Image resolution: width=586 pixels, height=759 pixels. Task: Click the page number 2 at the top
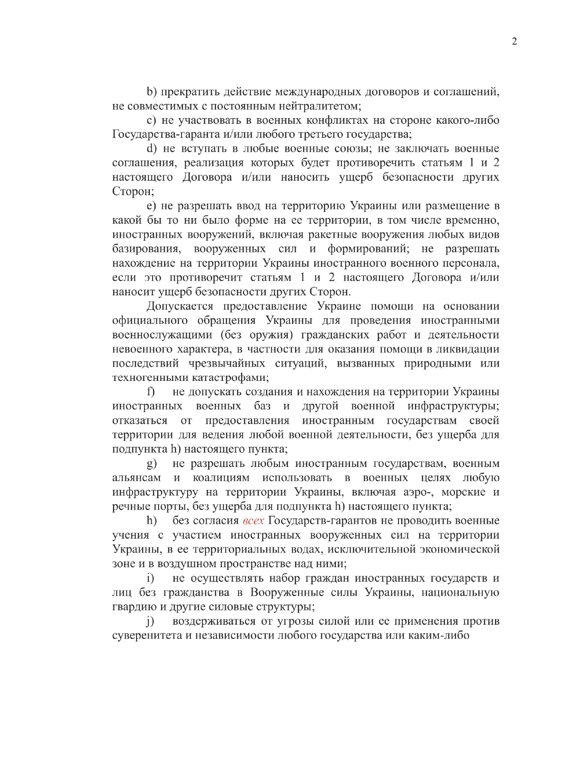(514, 41)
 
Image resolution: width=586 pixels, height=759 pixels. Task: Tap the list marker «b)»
(152, 92)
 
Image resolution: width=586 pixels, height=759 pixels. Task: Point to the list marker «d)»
(152, 149)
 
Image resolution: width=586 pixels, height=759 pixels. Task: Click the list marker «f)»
(151, 392)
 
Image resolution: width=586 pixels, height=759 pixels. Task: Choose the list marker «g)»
(152, 464)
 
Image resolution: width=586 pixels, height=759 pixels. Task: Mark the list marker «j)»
(150, 621)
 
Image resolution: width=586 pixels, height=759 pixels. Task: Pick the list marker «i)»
(150, 578)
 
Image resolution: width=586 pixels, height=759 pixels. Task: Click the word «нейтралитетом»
(319, 106)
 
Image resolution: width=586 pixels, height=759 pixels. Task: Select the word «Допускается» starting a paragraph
(180, 306)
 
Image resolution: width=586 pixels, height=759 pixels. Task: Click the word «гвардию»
(131, 607)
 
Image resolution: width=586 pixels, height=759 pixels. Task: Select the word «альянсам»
(137, 478)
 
